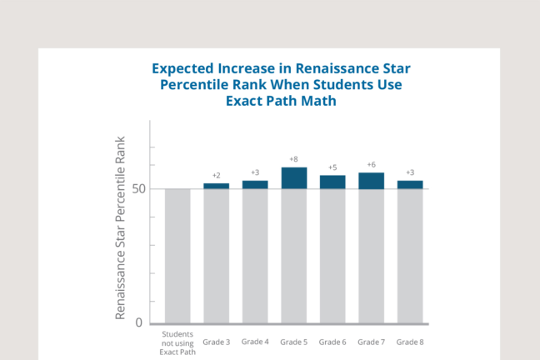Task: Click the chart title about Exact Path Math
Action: pyautogui.click(x=281, y=84)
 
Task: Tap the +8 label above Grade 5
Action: pyautogui.click(x=293, y=159)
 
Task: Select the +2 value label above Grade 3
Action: pyautogui.click(x=217, y=176)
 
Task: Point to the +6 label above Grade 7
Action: pyautogui.click(x=371, y=165)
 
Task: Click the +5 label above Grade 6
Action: pyautogui.click(x=332, y=167)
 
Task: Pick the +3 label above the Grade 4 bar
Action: pyautogui.click(x=255, y=172)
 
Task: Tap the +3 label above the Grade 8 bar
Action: pyautogui.click(x=410, y=172)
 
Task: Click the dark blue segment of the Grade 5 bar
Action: pyautogui.click(x=294, y=178)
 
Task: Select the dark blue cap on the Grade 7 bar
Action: pyautogui.click(x=371, y=181)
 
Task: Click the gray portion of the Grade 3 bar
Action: pyautogui.click(x=217, y=256)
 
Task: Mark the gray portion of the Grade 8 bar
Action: pyautogui.click(x=410, y=256)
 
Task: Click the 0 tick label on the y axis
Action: pyautogui.click(x=138, y=323)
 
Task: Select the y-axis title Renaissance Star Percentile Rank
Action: pyautogui.click(x=120, y=226)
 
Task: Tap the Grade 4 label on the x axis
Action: pyautogui.click(x=255, y=342)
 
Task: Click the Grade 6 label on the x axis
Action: pyautogui.click(x=332, y=342)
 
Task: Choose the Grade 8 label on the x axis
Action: pyautogui.click(x=410, y=342)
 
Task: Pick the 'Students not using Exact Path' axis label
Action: pyautogui.click(x=177, y=342)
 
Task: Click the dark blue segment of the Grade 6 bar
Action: pyautogui.click(x=332, y=182)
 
